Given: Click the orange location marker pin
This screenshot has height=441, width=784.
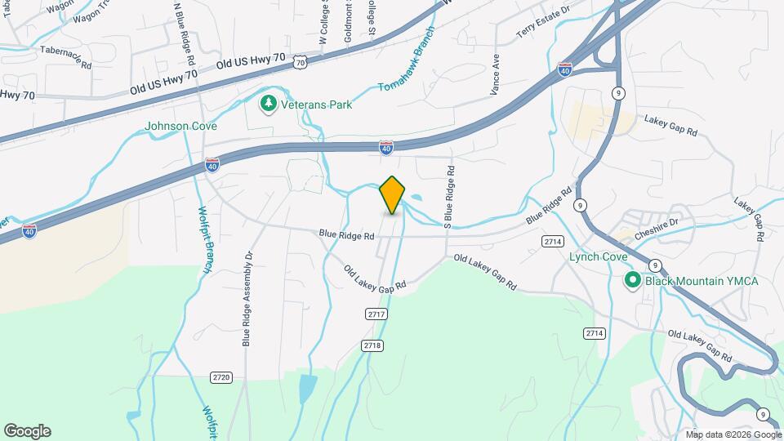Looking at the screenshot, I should tap(393, 194).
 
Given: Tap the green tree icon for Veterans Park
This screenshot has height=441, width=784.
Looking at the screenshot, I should tap(266, 103).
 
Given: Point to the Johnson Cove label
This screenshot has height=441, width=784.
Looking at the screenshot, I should tap(180, 126).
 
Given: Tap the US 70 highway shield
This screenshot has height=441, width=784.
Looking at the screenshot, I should tap(301, 61).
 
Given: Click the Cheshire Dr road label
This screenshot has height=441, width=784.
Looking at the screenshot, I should tap(662, 222).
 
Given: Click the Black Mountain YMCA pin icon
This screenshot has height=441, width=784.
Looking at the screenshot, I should tap(632, 281).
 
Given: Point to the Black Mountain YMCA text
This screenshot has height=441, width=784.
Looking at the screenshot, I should tap(702, 281).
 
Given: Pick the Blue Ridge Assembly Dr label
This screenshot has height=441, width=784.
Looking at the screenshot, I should tap(247, 298).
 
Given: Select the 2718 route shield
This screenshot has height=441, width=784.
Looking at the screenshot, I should tap(372, 345).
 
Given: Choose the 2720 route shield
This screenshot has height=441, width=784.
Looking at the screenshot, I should tap(220, 377).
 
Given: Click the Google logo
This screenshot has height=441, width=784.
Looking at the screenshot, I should tap(27, 430).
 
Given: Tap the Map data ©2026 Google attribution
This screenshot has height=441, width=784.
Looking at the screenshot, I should tap(733, 434).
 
